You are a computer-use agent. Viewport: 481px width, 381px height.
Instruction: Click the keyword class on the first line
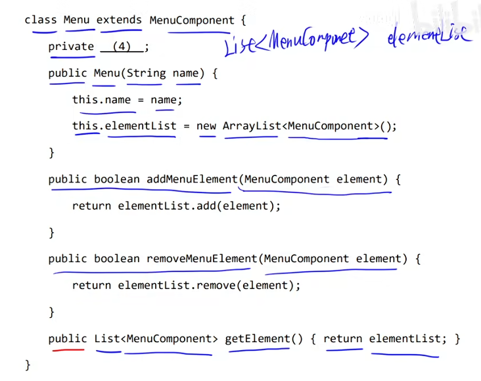coord(41,20)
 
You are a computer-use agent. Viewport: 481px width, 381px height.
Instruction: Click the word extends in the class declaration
coord(119,20)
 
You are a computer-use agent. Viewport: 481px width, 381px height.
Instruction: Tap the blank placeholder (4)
coord(122,47)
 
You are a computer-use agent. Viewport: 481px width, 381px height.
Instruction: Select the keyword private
coord(71,47)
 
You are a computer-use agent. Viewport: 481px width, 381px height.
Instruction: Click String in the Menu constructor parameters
coord(146,73)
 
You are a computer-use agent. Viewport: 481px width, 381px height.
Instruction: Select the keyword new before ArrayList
coord(206,126)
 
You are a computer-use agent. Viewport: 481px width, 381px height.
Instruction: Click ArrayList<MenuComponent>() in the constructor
coord(309,126)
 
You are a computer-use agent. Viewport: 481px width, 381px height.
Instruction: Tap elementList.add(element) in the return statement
coord(199,206)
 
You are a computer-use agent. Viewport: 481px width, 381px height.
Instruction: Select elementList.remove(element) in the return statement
coord(209,285)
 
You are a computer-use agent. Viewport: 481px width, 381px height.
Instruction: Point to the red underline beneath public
coord(67,350)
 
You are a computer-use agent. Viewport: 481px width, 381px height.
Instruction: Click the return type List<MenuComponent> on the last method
coord(156,339)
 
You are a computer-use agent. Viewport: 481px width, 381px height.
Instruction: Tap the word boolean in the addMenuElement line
coord(117,179)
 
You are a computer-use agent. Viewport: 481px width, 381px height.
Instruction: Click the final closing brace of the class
coord(28,365)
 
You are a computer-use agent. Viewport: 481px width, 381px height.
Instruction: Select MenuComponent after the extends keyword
coord(191,20)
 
